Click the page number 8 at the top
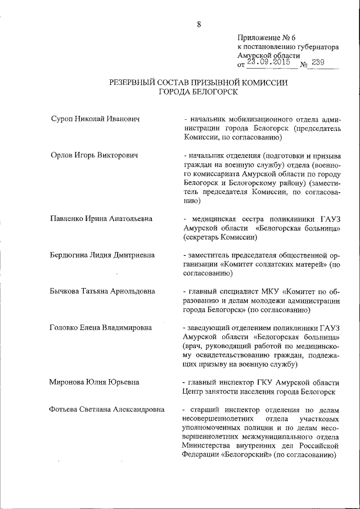[x=199, y=24]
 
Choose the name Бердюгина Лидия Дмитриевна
[x=102, y=255]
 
